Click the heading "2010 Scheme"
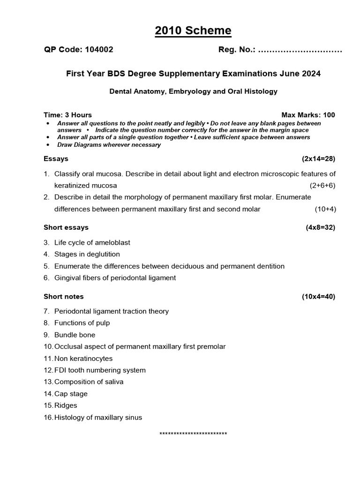pyautogui.click(x=193, y=31)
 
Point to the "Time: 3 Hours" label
pyautogui.click(x=67, y=115)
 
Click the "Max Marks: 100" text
pyautogui.click(x=308, y=115)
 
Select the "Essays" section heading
pyautogui.click(x=56, y=158)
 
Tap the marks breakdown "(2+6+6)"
pyautogui.click(x=322, y=185)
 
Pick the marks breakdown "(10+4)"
pyautogui.click(x=325, y=209)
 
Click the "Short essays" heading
pyautogui.click(x=66, y=227)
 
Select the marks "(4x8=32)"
pyautogui.click(x=320, y=227)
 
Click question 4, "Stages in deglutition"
pyautogui.click(x=87, y=254)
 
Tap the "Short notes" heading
pyautogui.click(x=64, y=296)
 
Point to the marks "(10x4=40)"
pyautogui.click(x=318, y=296)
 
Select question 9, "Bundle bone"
pyautogui.click(x=75, y=335)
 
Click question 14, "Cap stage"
pyautogui.click(x=71, y=394)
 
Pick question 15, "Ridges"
pyautogui.click(x=66, y=405)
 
